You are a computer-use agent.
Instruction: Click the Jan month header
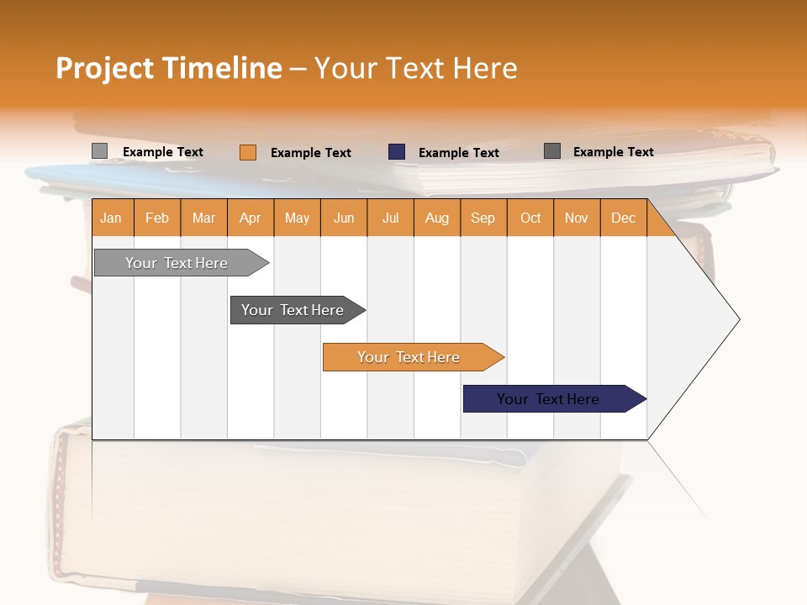coord(112,218)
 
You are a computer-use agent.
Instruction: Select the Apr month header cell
coord(251,218)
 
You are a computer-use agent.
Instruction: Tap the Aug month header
coord(437,218)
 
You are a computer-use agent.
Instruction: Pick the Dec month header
coord(623,218)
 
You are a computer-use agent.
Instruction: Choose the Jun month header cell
coord(344,218)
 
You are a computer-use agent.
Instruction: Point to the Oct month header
coord(530,218)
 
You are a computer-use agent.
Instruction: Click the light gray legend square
coord(99,151)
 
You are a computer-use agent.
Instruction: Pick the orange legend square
coord(247,152)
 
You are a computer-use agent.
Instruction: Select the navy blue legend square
coord(397,152)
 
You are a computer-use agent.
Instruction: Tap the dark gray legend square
coord(552,151)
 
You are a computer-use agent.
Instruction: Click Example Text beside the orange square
coord(311,153)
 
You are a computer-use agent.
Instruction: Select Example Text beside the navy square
coord(459,153)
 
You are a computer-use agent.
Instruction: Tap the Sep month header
coord(483,218)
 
